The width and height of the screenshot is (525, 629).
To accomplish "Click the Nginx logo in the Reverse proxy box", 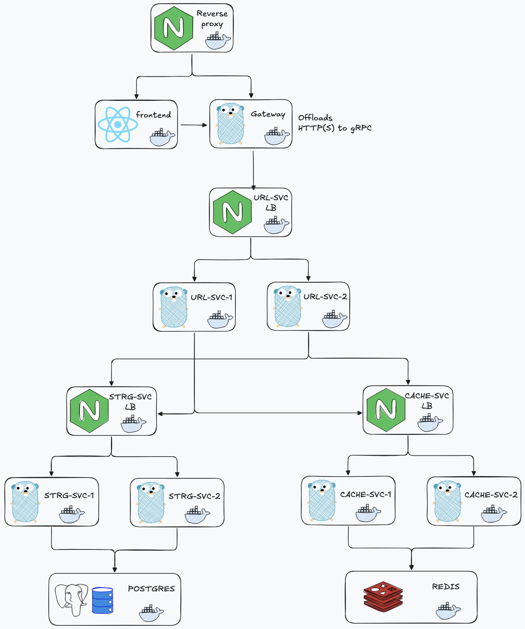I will [174, 28].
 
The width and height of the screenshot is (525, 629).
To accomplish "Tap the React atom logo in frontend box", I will [118, 124].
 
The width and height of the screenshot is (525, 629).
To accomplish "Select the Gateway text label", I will [268, 114].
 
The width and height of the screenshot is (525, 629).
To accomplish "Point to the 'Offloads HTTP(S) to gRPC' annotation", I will [334, 123].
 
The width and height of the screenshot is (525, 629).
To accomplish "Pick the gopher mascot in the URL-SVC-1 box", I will [174, 307].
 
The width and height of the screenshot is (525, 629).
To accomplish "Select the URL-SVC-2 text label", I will [325, 297].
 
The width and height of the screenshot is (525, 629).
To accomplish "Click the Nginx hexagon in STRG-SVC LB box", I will [89, 411].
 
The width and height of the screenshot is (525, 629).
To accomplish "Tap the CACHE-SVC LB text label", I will [427, 401].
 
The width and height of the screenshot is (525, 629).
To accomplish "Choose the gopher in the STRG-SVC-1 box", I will [25, 502].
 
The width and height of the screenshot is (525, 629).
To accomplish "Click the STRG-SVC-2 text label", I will [195, 496].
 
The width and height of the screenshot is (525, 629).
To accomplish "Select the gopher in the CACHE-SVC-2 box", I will [448, 501].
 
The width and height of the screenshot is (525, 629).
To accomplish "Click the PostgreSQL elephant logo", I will [71, 599].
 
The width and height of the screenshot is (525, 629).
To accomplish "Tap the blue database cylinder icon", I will [103, 600].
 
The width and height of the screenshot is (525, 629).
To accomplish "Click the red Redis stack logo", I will [383, 597].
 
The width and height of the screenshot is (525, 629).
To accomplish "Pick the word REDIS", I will [446, 587].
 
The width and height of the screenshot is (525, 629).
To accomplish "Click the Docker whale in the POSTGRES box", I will [151, 613].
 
